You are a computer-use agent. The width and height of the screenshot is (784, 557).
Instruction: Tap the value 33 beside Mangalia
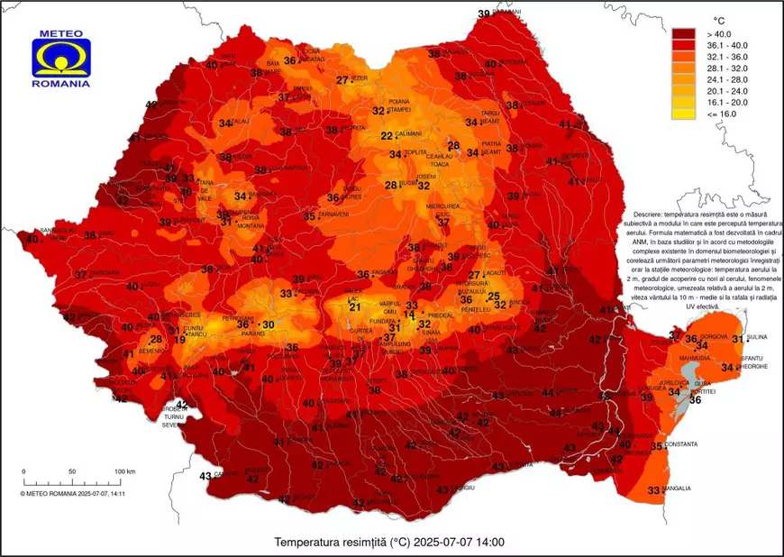(654, 490)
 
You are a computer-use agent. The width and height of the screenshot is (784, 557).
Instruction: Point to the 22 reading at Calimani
(387, 136)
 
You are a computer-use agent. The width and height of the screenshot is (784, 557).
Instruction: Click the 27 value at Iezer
(342, 80)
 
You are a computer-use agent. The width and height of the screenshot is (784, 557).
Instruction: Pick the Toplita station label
(415, 153)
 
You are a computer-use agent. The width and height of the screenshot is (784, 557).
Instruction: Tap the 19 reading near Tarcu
(179, 339)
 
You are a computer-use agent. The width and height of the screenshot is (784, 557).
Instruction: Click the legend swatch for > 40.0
(684, 33)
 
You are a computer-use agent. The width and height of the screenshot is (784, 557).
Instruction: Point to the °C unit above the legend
(719, 19)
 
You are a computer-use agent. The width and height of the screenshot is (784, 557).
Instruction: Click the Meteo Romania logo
(60, 59)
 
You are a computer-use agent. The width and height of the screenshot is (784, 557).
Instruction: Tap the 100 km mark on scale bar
(124, 471)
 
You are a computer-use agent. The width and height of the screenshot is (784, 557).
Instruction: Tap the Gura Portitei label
(704, 387)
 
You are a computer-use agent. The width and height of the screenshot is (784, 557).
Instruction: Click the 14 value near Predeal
(409, 315)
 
